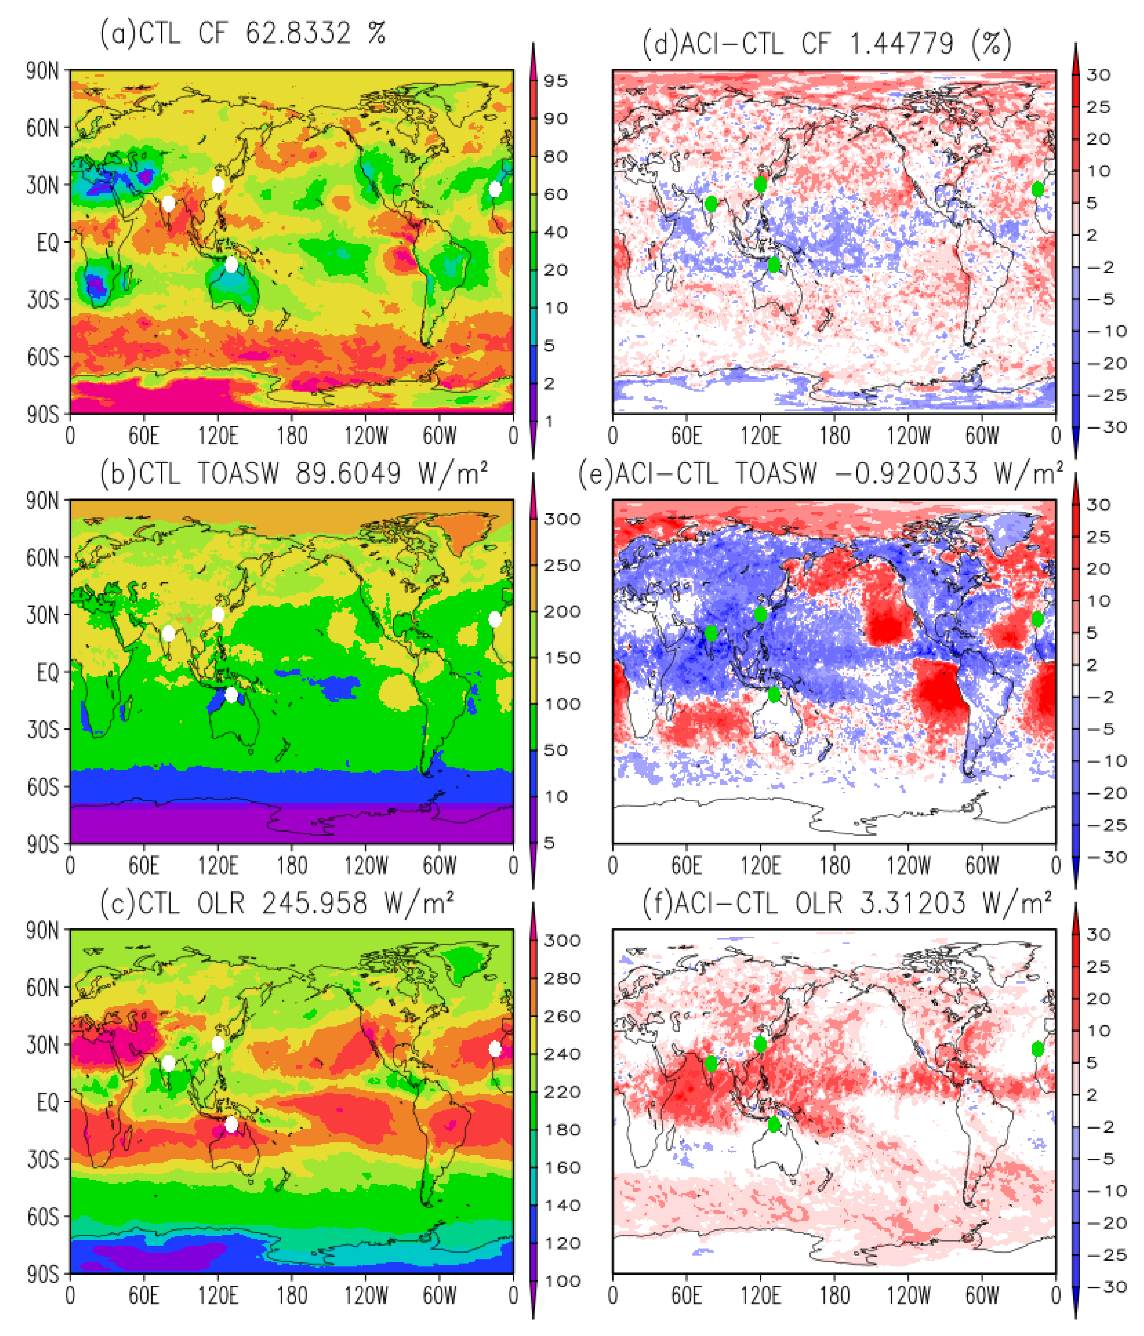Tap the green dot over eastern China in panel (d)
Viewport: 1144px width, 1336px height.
[x=760, y=184]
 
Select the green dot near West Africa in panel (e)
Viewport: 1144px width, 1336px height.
[x=1037, y=619]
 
